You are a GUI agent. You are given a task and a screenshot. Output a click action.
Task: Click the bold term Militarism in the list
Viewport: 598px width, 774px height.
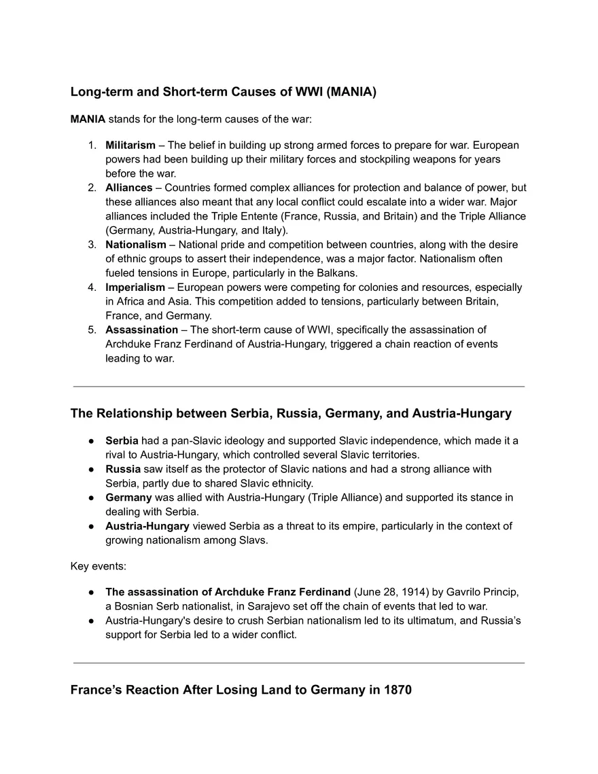(x=130, y=145)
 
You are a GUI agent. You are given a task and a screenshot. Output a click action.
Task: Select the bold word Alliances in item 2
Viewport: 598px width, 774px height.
(x=128, y=188)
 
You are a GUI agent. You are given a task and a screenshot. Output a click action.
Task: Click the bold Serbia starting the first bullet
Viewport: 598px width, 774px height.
(x=122, y=441)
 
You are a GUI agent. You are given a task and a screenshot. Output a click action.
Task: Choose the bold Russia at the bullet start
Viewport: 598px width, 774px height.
(x=122, y=470)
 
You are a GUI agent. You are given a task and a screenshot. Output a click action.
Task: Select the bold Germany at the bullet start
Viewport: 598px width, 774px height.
(x=128, y=497)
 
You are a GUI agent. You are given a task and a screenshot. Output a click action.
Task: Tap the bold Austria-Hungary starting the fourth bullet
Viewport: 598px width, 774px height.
(x=147, y=526)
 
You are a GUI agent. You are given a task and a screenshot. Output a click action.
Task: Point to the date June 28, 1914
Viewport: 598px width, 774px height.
(x=391, y=592)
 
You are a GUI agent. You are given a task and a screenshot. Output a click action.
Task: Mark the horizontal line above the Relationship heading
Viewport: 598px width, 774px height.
(x=298, y=386)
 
